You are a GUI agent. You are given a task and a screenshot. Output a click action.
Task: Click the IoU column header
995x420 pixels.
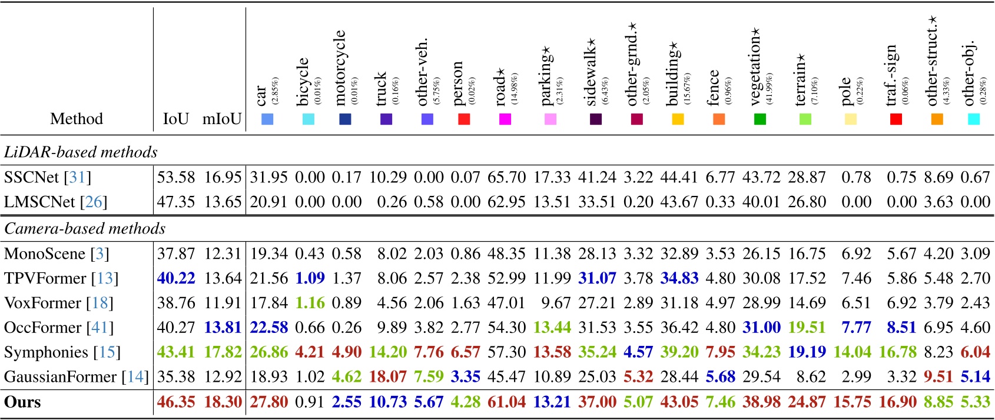point(175,119)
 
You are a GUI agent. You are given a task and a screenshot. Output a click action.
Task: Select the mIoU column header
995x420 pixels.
point(221,119)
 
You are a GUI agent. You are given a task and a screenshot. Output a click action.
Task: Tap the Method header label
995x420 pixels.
point(77,119)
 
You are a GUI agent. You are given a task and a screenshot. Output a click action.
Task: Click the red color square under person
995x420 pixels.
point(464,119)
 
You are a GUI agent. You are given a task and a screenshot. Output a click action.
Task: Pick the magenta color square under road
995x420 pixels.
point(505,119)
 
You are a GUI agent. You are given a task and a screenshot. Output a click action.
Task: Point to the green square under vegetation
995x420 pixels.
point(759,119)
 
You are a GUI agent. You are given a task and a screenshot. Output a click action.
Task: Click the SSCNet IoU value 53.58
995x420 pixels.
point(175,177)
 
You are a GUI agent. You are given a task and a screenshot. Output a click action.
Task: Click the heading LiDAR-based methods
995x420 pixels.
point(81,152)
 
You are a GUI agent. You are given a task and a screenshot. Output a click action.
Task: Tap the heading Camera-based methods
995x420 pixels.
point(85,228)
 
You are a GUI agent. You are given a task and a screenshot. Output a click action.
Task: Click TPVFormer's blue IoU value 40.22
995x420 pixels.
point(175,278)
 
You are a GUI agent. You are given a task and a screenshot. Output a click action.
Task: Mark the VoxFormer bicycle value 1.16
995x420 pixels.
point(310,303)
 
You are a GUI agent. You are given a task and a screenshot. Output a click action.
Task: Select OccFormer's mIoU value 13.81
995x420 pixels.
point(223,328)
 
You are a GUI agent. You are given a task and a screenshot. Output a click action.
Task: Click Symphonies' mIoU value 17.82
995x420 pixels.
point(223,352)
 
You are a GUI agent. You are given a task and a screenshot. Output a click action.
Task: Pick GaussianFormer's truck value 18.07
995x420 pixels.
point(388,376)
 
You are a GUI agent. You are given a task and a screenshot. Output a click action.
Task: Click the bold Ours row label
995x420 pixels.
point(22,402)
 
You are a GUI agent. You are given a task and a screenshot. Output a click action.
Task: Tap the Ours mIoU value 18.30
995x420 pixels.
point(223,402)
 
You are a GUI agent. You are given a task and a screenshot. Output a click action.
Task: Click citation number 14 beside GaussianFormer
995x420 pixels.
point(135,376)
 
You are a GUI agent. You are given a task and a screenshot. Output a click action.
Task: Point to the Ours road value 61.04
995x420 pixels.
point(506,402)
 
